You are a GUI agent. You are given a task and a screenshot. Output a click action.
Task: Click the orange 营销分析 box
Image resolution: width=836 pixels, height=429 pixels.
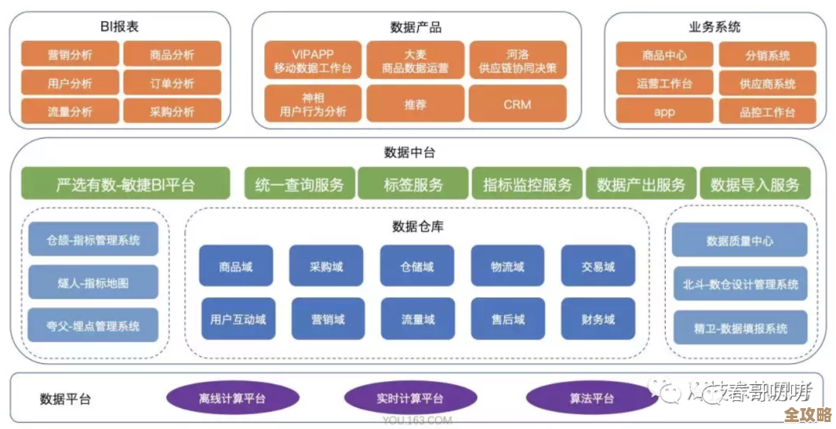click(70, 55)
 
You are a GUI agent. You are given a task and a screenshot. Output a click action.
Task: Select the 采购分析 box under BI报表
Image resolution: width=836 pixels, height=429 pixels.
click(172, 112)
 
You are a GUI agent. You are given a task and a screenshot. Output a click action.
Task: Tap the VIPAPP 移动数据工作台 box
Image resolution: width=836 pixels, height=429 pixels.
click(313, 61)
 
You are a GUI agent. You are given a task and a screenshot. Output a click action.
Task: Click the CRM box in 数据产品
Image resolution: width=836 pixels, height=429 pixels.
click(517, 104)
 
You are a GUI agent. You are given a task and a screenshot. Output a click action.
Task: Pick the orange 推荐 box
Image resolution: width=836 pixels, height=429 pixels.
click(415, 104)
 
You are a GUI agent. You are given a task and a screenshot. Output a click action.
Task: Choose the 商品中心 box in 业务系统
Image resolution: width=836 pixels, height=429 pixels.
click(663, 56)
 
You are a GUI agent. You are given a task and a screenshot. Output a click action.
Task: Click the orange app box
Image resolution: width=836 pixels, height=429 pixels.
click(663, 112)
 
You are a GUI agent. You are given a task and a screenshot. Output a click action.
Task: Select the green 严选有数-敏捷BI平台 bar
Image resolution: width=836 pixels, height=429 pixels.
click(125, 185)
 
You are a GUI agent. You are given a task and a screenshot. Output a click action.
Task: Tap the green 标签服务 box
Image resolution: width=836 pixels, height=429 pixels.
click(413, 185)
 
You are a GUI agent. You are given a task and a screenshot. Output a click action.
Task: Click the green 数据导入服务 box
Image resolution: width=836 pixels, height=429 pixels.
click(755, 185)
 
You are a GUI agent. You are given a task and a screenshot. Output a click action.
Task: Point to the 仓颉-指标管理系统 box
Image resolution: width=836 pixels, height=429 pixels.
click(93, 240)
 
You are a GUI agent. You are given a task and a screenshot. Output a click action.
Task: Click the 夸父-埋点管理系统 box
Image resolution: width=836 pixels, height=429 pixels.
click(93, 326)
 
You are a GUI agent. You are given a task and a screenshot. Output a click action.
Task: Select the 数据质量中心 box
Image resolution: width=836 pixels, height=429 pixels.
click(739, 241)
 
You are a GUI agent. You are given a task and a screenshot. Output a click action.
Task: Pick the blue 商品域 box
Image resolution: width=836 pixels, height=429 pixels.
click(236, 267)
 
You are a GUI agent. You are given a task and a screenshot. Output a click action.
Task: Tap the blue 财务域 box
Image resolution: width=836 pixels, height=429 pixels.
click(598, 319)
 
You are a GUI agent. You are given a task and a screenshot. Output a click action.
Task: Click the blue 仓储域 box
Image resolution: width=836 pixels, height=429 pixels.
click(417, 267)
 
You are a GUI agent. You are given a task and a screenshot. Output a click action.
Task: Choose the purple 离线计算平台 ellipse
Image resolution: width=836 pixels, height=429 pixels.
click(232, 399)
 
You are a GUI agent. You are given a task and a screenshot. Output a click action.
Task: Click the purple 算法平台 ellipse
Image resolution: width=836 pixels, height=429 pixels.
click(591, 399)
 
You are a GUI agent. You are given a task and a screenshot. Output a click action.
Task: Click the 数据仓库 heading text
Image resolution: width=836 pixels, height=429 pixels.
click(417, 227)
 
